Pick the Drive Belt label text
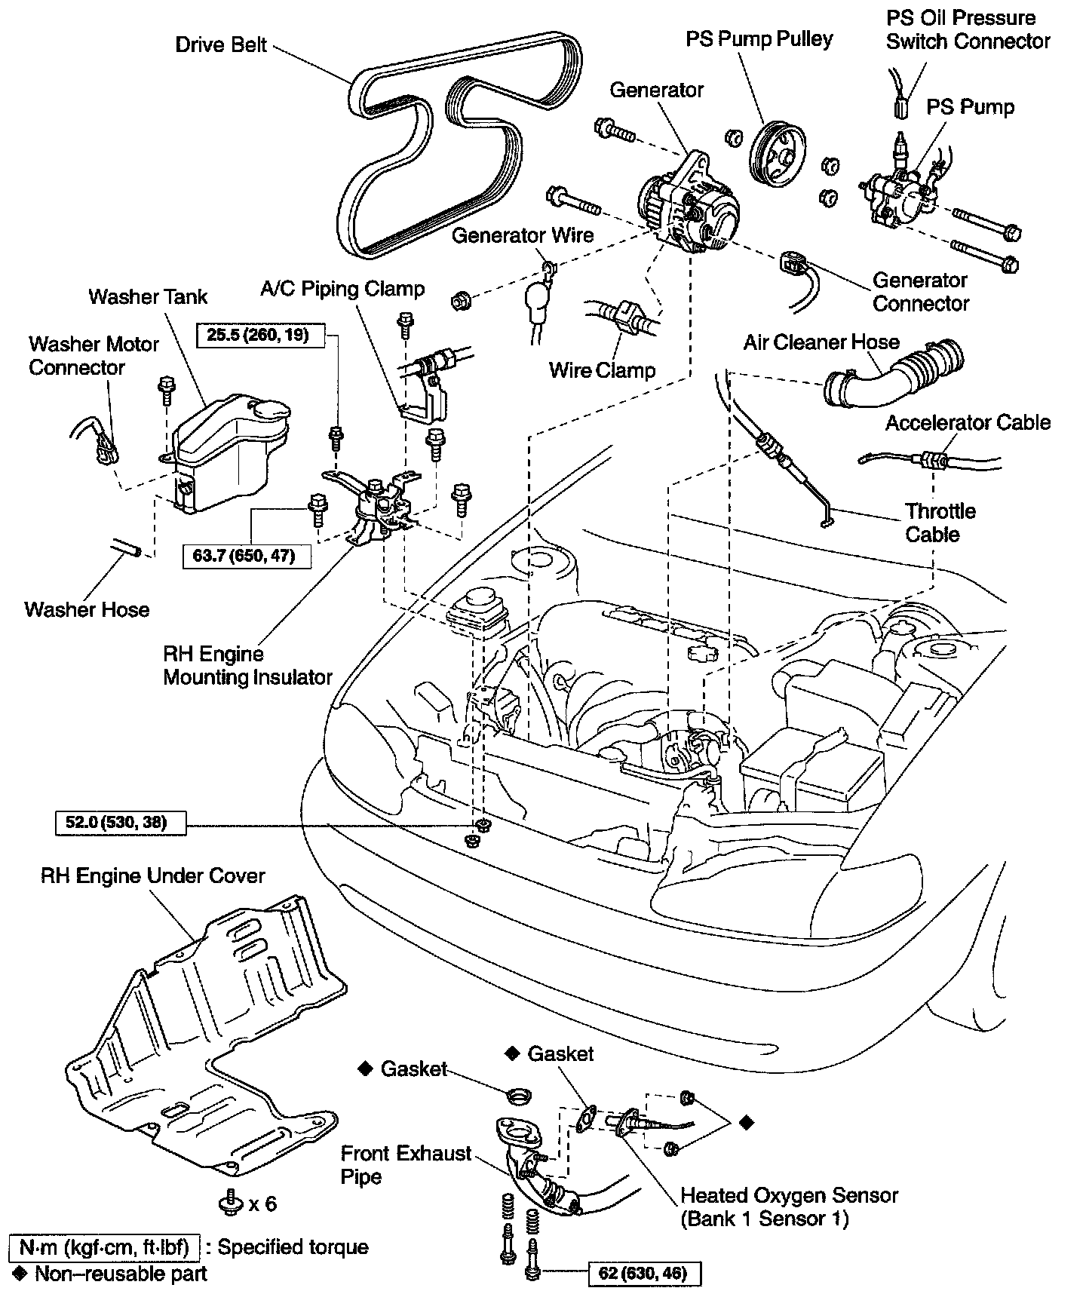click(x=221, y=44)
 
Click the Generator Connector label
click(x=919, y=292)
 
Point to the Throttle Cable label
click(x=940, y=523)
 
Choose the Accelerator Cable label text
click(x=968, y=422)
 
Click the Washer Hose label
click(x=87, y=609)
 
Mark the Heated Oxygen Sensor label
click(x=789, y=1207)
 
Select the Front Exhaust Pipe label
click(x=406, y=1165)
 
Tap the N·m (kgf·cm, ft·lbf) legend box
click(x=104, y=1247)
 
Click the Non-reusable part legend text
click(x=121, y=1274)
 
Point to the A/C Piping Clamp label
click(x=342, y=289)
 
